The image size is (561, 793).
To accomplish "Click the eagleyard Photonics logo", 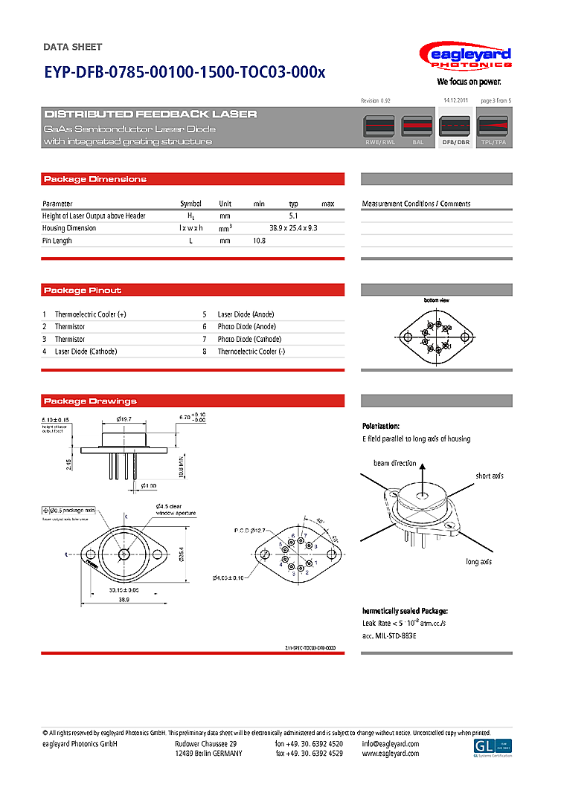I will coord(465,58).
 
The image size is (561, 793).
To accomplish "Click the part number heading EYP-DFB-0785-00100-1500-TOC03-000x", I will coord(185,73).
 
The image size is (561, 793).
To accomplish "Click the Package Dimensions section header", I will coord(95,179).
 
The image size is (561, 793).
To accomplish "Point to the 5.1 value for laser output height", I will coord(293,216).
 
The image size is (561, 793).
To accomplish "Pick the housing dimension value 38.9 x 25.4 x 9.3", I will coord(293,228).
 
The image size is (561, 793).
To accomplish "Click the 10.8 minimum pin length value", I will coord(259,241).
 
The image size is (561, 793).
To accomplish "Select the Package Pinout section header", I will coord(83,290).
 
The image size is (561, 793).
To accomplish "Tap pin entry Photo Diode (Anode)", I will coord(246,326).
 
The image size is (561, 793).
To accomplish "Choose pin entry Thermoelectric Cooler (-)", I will coord(251,351).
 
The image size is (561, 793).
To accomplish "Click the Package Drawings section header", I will coord(90,401).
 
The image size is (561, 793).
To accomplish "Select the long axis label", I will coord(478,562).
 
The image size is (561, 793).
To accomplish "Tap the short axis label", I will coord(490,476).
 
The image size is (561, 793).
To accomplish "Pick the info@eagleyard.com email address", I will coord(391,744).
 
